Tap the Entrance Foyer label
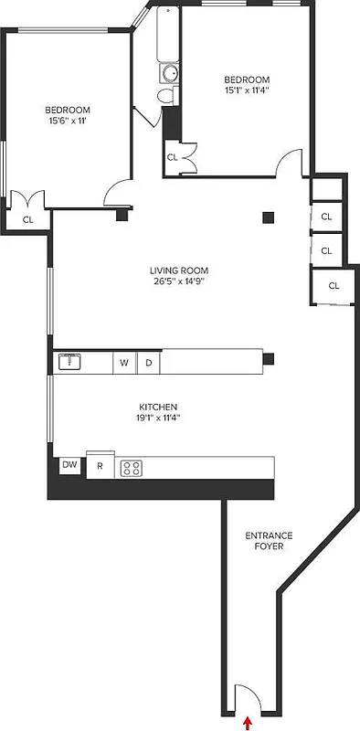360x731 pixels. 264,540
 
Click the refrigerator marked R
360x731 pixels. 100,467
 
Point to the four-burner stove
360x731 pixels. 132,468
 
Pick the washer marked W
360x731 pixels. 123,363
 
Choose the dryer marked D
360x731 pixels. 148,363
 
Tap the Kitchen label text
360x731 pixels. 157,407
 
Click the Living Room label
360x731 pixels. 180,270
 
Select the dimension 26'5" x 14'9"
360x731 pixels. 180,282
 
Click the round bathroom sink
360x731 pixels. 168,74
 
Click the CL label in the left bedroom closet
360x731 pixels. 27,219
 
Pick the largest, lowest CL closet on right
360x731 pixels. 334,286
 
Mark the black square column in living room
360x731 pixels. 268,217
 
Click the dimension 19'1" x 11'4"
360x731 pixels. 157,419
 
